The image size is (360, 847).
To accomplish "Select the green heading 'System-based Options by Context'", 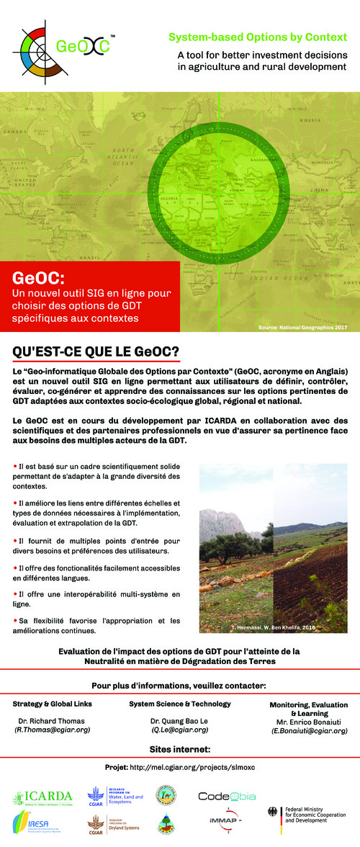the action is pos(258,36).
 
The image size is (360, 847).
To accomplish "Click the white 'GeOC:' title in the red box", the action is pos(39,278).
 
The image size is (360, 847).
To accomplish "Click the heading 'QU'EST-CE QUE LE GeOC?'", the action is pos(96,351).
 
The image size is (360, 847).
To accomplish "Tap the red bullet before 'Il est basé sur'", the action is pos(15,467).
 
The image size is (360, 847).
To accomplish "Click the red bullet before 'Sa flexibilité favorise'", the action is pos(15,620).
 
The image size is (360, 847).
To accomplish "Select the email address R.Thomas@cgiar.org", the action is pos(53,730).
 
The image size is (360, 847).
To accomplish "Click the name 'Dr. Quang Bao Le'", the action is pos(179,720).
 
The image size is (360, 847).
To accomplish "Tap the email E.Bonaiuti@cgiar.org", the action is pos(309,730).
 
